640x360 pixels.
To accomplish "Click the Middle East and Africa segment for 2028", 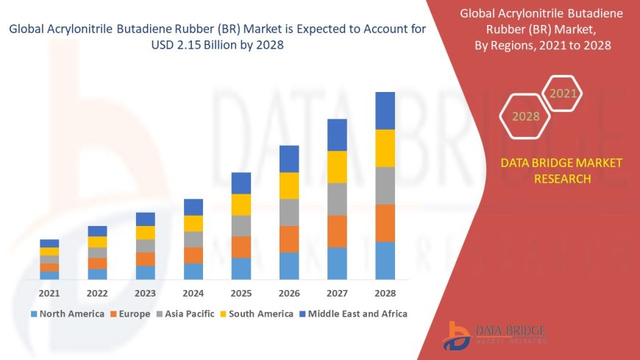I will (385, 110).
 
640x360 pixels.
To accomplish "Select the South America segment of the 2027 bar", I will (337, 167).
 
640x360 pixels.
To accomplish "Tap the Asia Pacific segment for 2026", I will (289, 212).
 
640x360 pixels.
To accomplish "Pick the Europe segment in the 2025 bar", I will (241, 247).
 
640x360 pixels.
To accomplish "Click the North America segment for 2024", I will (193, 271).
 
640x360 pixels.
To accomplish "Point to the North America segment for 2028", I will (385, 261).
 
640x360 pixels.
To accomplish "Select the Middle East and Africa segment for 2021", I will (49, 243).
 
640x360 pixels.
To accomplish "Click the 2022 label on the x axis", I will (97, 292).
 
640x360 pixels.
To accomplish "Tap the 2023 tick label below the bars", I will (145, 292).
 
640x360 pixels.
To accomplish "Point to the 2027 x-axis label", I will (337, 292).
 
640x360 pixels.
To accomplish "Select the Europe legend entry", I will (130, 314).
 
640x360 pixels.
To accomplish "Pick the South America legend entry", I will (256, 314).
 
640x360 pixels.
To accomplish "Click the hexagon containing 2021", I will (563, 93).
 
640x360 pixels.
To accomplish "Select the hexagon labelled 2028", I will (525, 116).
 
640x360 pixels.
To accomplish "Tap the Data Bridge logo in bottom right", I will (494, 335).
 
